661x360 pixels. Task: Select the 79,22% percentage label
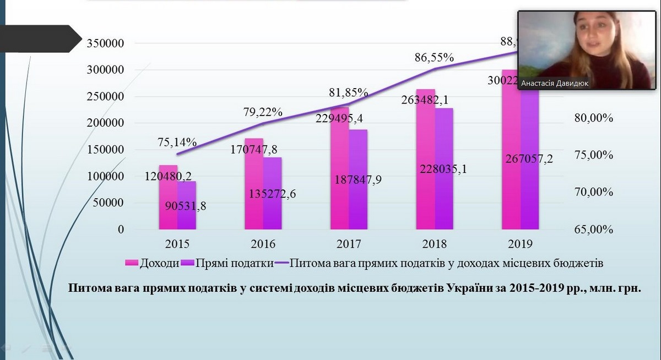[x=263, y=112]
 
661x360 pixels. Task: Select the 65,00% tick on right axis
[x=593, y=229]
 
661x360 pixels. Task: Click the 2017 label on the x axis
[x=349, y=244]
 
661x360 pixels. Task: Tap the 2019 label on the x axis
[x=520, y=244]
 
